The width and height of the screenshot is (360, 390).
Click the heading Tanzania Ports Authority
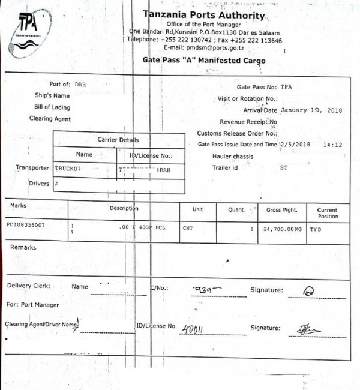[x=204, y=15]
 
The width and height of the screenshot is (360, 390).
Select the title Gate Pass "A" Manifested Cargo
[x=204, y=61]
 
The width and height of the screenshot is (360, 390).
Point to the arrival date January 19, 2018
[x=311, y=110]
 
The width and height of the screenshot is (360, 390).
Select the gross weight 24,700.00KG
[x=281, y=229]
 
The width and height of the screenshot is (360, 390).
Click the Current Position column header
[x=327, y=213]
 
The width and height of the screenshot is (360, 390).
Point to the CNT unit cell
[x=188, y=229]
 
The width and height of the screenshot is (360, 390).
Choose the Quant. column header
[x=236, y=210]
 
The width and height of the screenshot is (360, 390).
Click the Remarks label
[x=23, y=247]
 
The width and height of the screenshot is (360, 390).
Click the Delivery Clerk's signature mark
[x=309, y=291]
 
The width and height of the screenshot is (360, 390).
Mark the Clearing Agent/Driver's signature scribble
[x=309, y=329]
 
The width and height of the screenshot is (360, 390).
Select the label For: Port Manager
[x=32, y=305]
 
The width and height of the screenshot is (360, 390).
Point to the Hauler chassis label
[x=233, y=157]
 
